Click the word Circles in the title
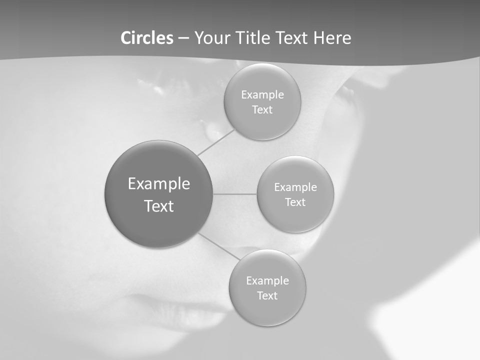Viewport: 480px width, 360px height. (x=147, y=38)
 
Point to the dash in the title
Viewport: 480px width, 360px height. (x=183, y=38)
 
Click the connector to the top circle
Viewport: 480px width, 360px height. (x=215, y=142)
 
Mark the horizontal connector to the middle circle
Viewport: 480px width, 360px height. (x=235, y=194)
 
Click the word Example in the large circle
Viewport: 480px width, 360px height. (x=159, y=184)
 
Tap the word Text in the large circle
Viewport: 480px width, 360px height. (x=159, y=206)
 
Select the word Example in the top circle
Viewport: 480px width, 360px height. (x=262, y=95)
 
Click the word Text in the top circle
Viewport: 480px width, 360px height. (x=262, y=110)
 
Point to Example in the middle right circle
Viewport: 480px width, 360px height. (x=295, y=187)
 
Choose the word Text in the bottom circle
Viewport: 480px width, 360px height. (x=267, y=296)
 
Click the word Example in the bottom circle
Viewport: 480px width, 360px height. (x=267, y=281)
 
